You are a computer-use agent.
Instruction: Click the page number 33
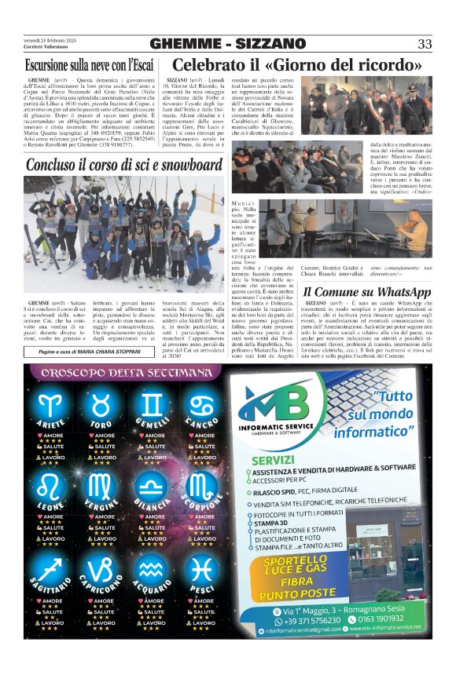[424, 44]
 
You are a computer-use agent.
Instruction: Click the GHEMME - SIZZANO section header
[227, 44]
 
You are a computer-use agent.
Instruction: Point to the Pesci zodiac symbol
[203, 567]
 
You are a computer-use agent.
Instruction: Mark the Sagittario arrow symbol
[52, 567]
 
